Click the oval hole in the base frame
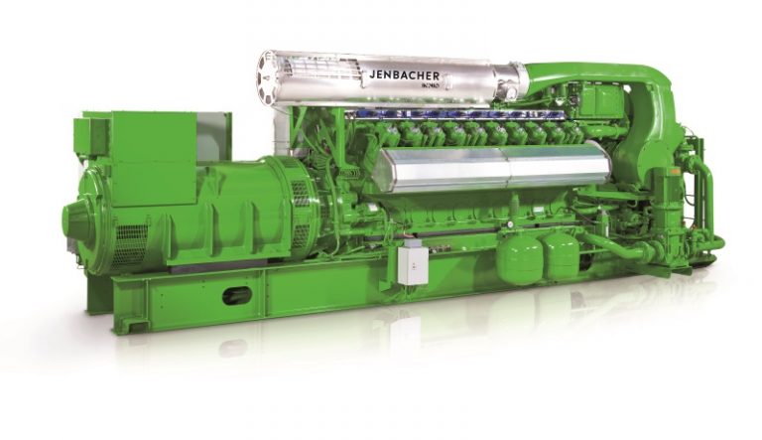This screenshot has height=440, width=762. click(x=238, y=295)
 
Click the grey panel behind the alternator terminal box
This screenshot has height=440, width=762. click(x=213, y=134)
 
